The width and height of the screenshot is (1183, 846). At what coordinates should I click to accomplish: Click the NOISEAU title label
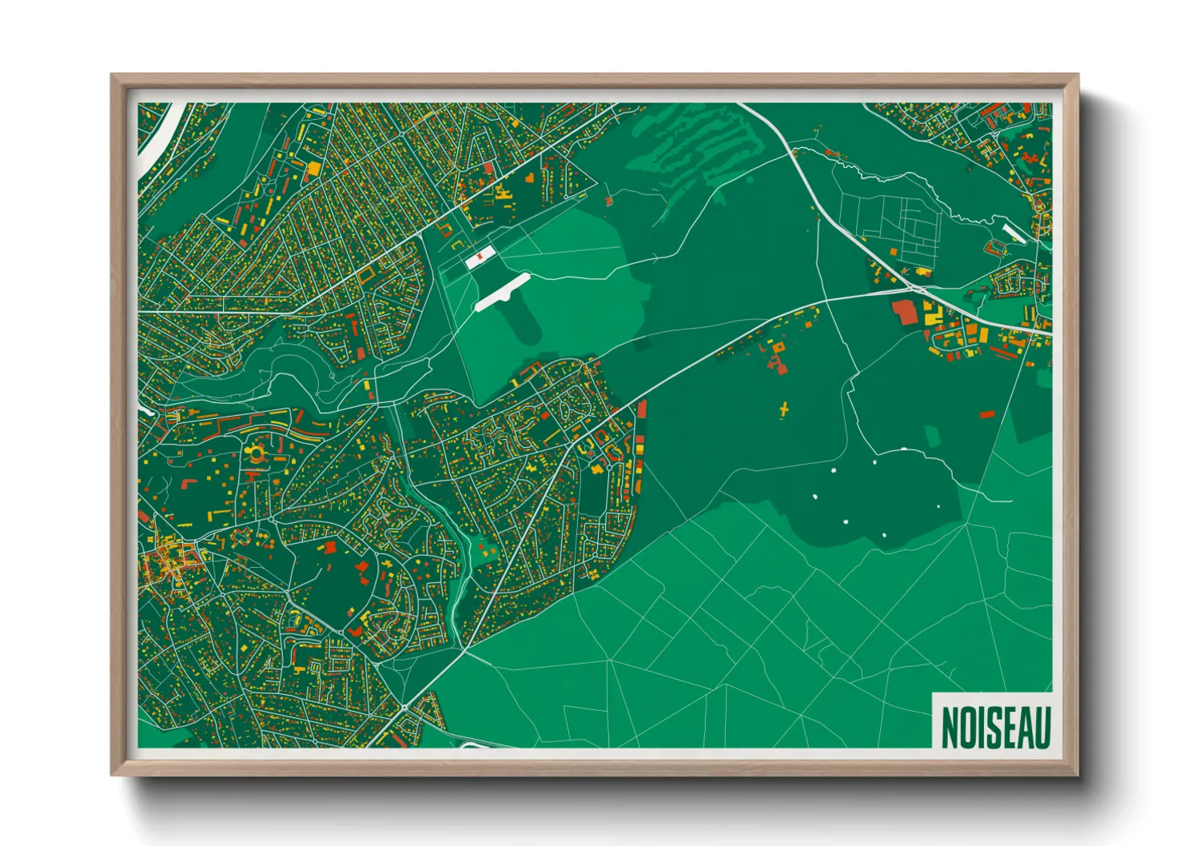[x=994, y=726]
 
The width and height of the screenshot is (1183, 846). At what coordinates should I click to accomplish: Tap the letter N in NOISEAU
[x=950, y=727]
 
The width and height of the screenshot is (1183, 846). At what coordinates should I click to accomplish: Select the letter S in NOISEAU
[x=990, y=727]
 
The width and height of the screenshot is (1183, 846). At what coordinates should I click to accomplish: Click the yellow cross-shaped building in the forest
[x=784, y=409]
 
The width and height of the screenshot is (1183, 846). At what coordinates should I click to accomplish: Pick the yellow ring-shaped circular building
[x=256, y=454]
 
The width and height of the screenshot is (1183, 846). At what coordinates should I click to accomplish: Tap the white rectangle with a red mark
[x=480, y=257]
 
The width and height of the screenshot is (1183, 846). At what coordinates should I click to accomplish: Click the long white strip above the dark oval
[x=502, y=291]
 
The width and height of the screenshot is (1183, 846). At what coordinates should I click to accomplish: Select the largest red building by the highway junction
[x=905, y=311]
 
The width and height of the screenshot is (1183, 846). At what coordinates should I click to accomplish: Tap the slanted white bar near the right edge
[x=1015, y=233]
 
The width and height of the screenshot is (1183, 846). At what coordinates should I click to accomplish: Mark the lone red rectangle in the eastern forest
[x=987, y=414]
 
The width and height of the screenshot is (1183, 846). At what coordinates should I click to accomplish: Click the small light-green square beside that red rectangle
[x=933, y=436]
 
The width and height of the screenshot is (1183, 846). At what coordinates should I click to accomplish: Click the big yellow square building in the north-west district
[x=314, y=169]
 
